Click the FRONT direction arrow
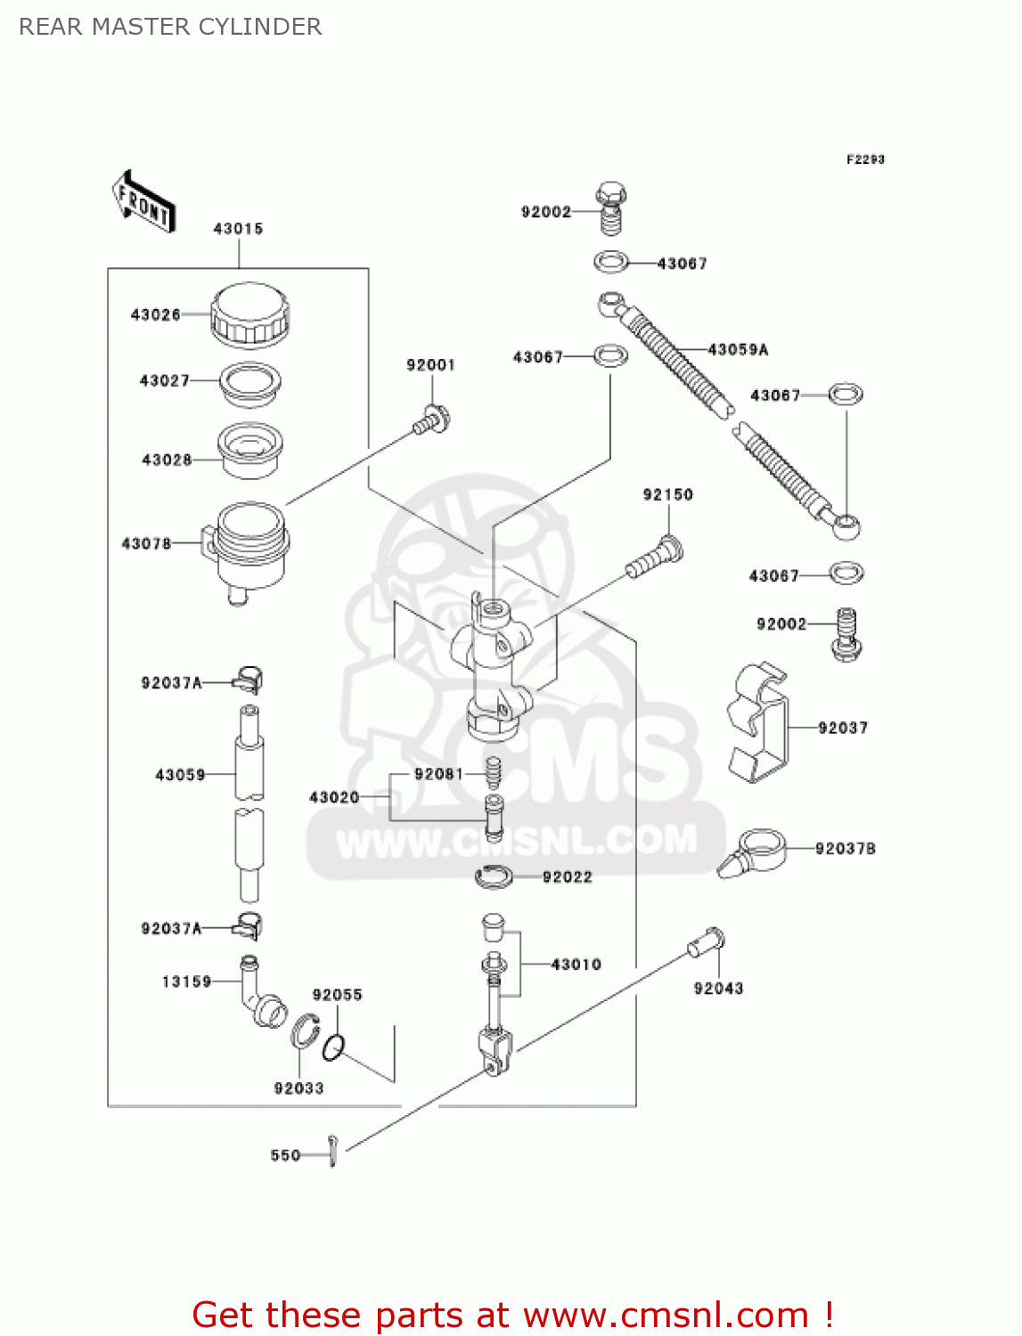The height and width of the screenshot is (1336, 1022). click(143, 202)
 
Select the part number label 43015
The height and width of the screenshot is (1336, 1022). click(238, 229)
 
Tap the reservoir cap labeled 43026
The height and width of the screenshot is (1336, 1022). click(250, 314)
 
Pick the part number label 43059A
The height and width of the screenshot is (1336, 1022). click(738, 350)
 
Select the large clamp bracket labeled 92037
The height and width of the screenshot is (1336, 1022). click(759, 723)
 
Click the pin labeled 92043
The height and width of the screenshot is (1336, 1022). click(707, 941)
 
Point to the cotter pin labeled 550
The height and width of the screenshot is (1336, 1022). click(332, 1150)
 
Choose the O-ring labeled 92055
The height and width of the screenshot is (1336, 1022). click(332, 1048)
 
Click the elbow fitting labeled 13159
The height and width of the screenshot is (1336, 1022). click(259, 992)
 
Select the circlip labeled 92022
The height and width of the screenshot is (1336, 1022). click(494, 877)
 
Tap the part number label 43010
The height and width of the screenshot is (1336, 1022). click(576, 965)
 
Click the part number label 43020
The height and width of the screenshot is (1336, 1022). click(334, 797)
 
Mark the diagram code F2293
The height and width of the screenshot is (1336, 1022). click(865, 159)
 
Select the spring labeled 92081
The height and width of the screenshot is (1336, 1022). click(493, 770)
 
